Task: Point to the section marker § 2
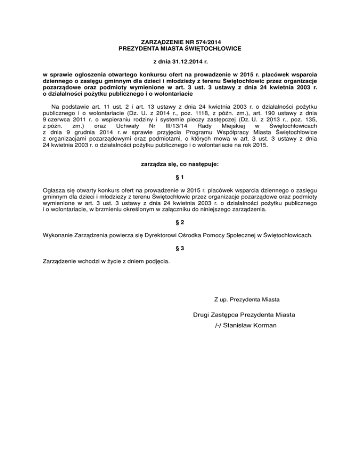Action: click(180, 221)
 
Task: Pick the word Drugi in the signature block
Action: click(202, 315)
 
